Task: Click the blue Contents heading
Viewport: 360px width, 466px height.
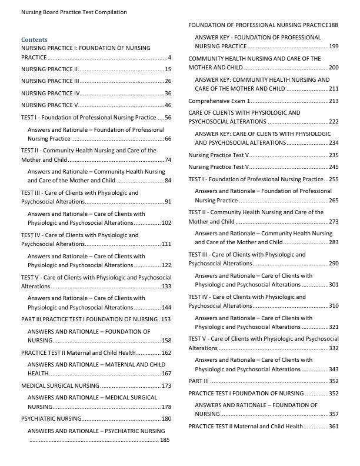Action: [34, 39]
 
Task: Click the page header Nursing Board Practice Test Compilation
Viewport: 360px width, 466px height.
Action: [74, 12]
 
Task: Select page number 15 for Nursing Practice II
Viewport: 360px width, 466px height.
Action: [168, 69]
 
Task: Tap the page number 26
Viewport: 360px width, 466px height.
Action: [168, 81]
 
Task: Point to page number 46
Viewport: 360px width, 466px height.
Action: [168, 105]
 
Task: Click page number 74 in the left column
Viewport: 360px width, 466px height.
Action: [168, 159]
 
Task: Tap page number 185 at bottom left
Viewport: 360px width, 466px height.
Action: [165, 440]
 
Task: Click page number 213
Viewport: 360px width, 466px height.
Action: [334, 101]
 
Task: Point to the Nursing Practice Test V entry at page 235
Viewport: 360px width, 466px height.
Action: [219, 155]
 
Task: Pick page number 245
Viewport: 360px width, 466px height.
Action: [334, 167]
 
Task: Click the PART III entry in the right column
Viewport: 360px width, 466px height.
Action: [195, 381]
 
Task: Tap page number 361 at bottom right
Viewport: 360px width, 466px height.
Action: [334, 427]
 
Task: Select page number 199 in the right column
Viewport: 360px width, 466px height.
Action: [334, 46]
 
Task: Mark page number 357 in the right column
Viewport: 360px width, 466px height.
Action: [334, 414]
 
